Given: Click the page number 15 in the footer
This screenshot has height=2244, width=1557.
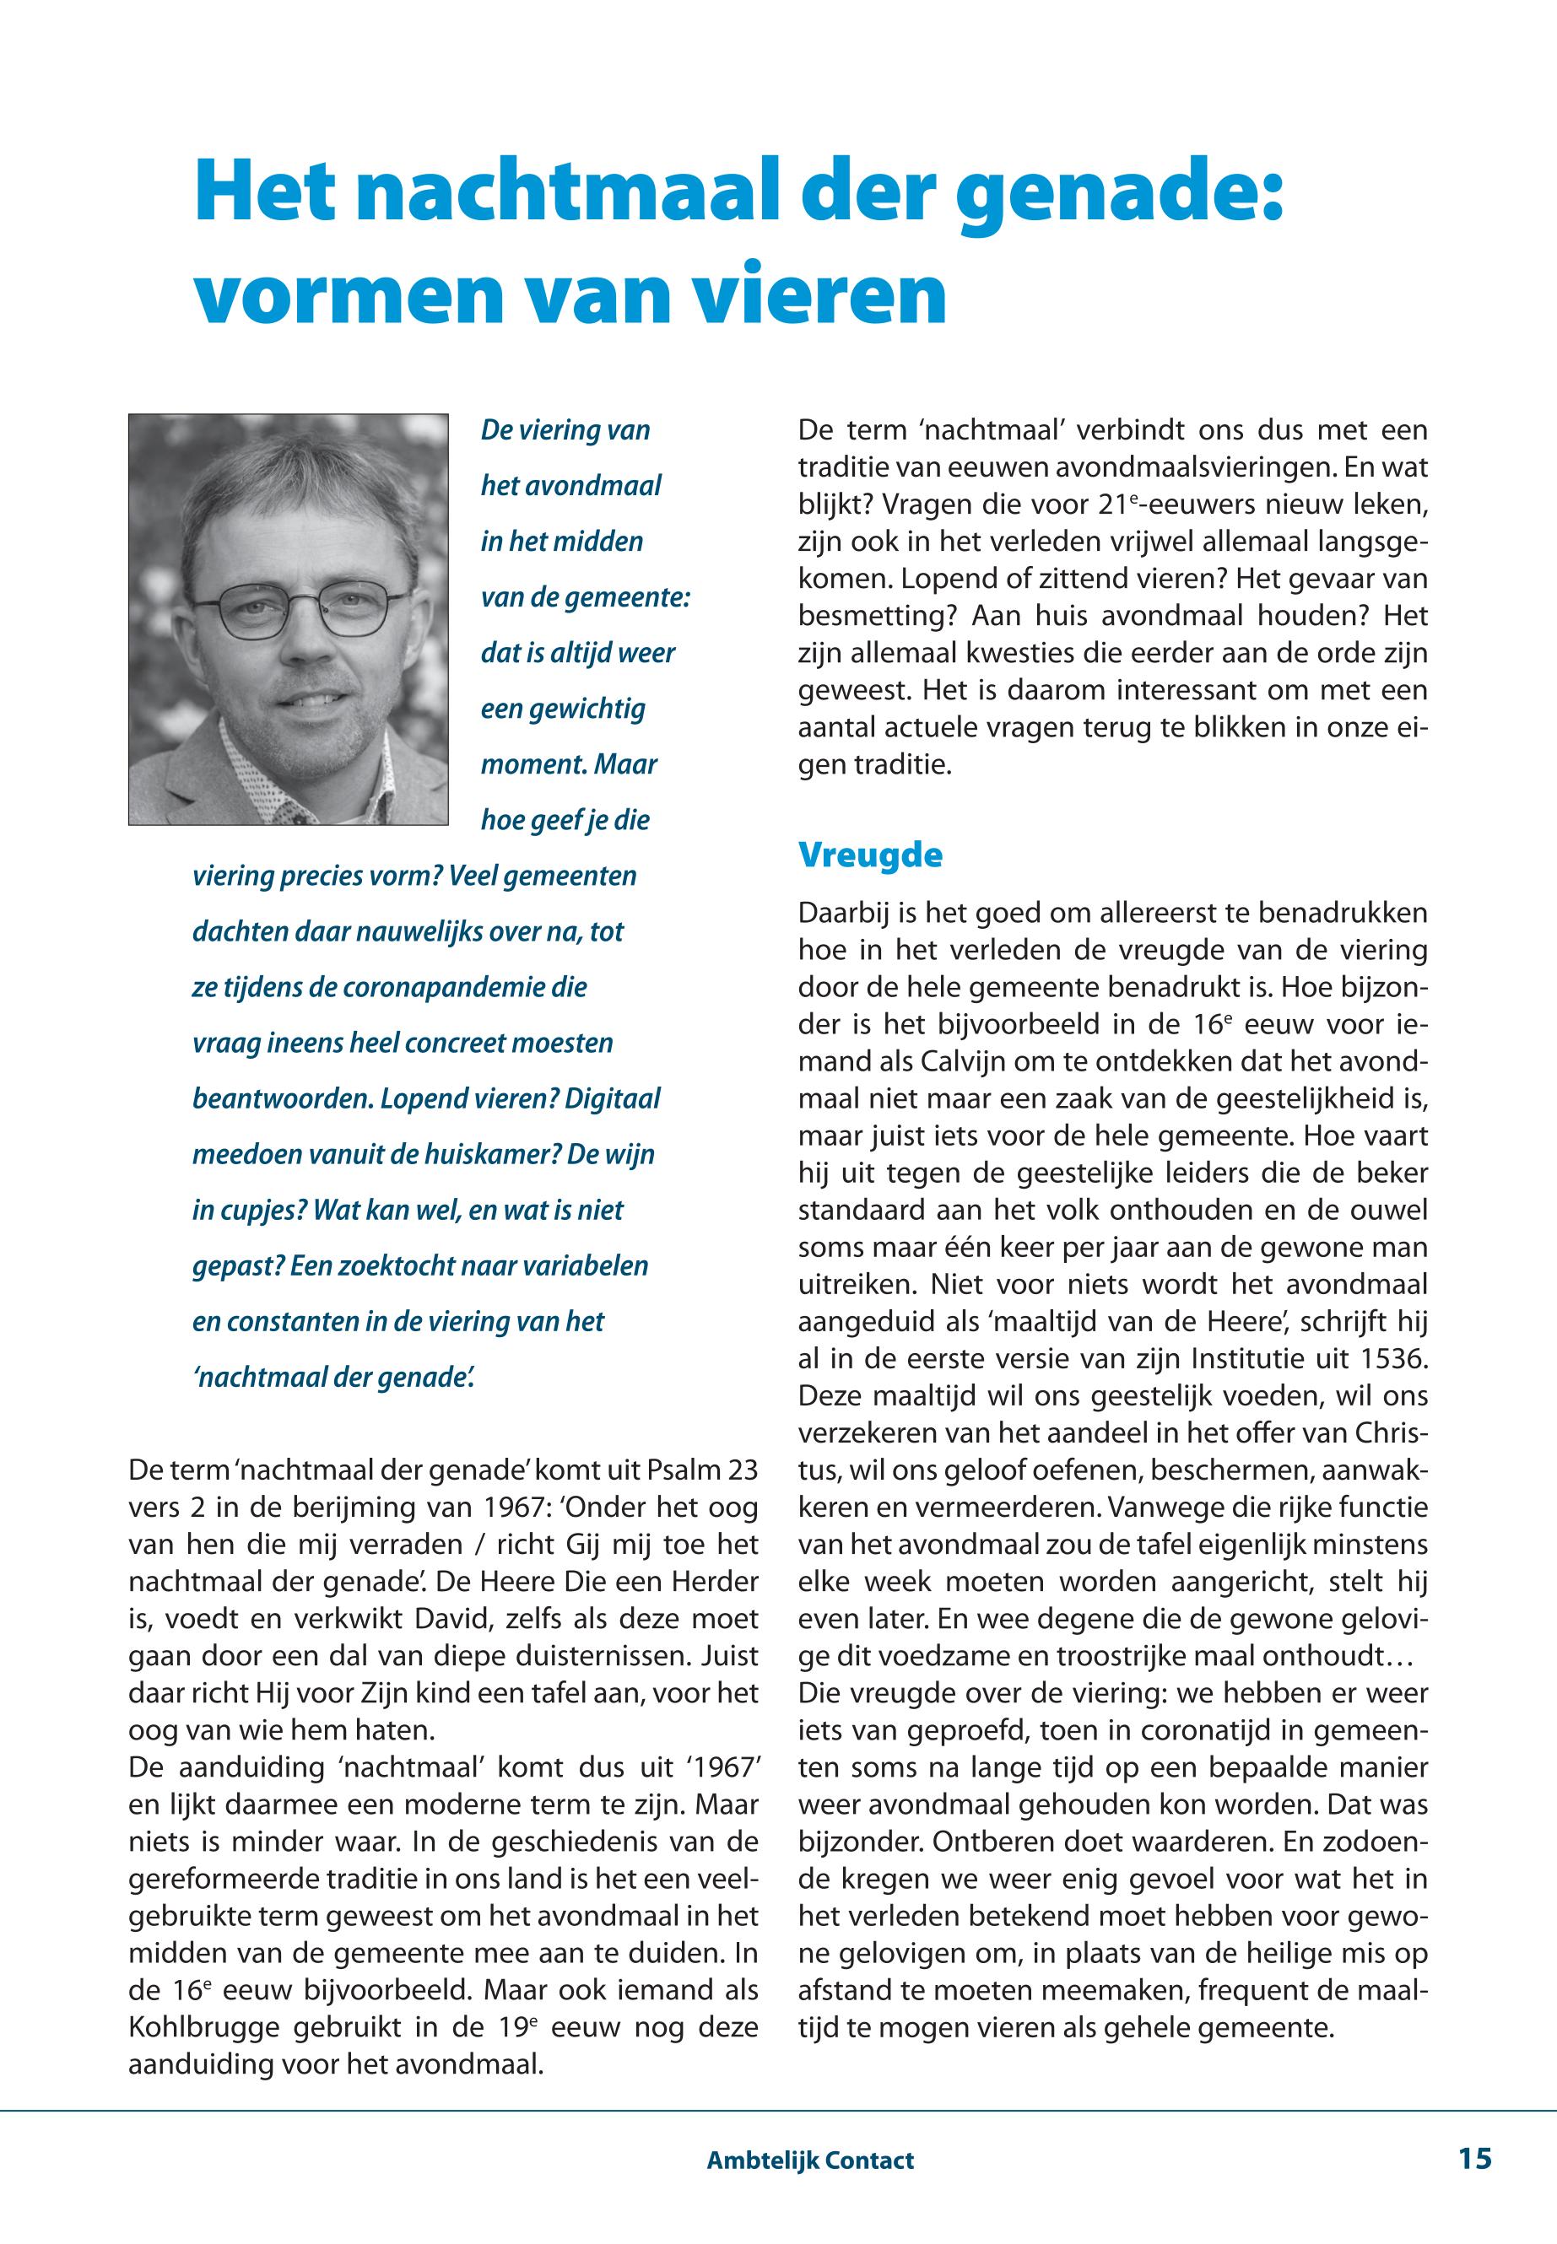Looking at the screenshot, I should tap(1475, 2158).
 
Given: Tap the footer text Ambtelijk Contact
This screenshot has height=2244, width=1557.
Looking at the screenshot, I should tap(809, 2160).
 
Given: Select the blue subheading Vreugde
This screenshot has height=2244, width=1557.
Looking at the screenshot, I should tap(870, 855).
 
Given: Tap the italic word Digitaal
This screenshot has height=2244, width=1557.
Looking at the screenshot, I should tap(612, 1098).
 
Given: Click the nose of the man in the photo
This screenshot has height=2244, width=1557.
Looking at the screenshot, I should tap(305, 648).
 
